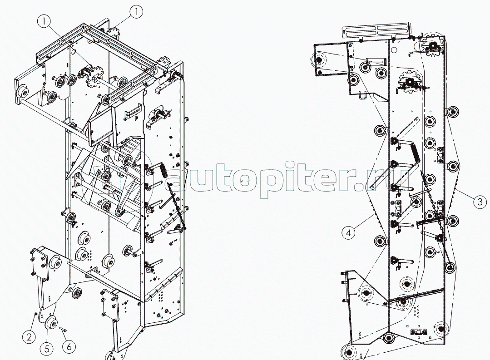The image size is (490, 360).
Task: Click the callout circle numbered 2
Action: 28,337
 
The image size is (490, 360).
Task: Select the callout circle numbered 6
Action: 69,346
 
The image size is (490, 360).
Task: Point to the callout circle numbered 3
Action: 479,201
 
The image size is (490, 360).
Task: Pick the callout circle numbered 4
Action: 348,233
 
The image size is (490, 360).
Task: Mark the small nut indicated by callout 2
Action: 35,313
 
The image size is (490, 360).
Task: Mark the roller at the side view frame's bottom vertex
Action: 388,338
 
